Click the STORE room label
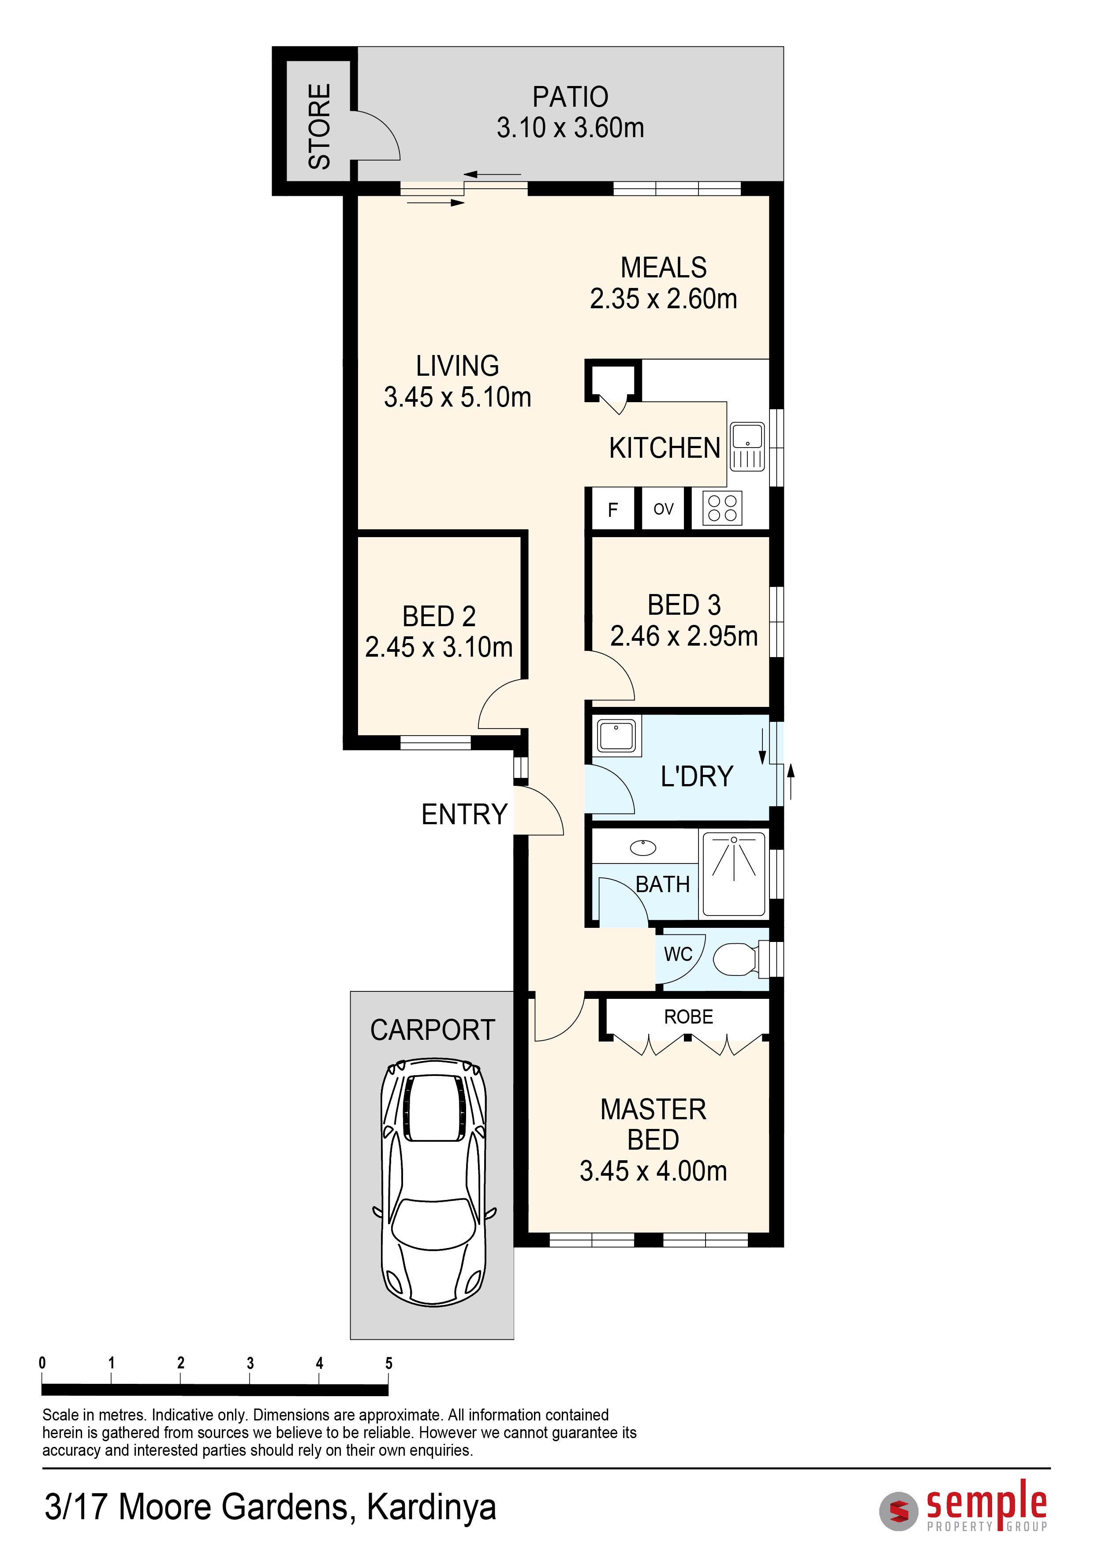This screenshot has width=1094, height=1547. pos(319,126)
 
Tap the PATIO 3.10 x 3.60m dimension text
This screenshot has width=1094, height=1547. pos(571,127)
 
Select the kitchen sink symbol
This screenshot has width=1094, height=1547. pos(748,446)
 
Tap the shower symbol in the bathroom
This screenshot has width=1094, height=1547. pos(734,874)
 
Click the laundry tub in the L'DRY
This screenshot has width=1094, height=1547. pos(616,735)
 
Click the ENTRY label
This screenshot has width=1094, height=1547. pos(464,814)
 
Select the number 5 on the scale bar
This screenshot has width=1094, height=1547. pos(388,1363)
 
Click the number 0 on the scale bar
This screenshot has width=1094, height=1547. pos(42,1363)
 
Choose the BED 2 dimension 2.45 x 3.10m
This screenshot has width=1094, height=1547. pos(439,647)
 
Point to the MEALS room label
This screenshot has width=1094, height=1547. pos(664,268)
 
